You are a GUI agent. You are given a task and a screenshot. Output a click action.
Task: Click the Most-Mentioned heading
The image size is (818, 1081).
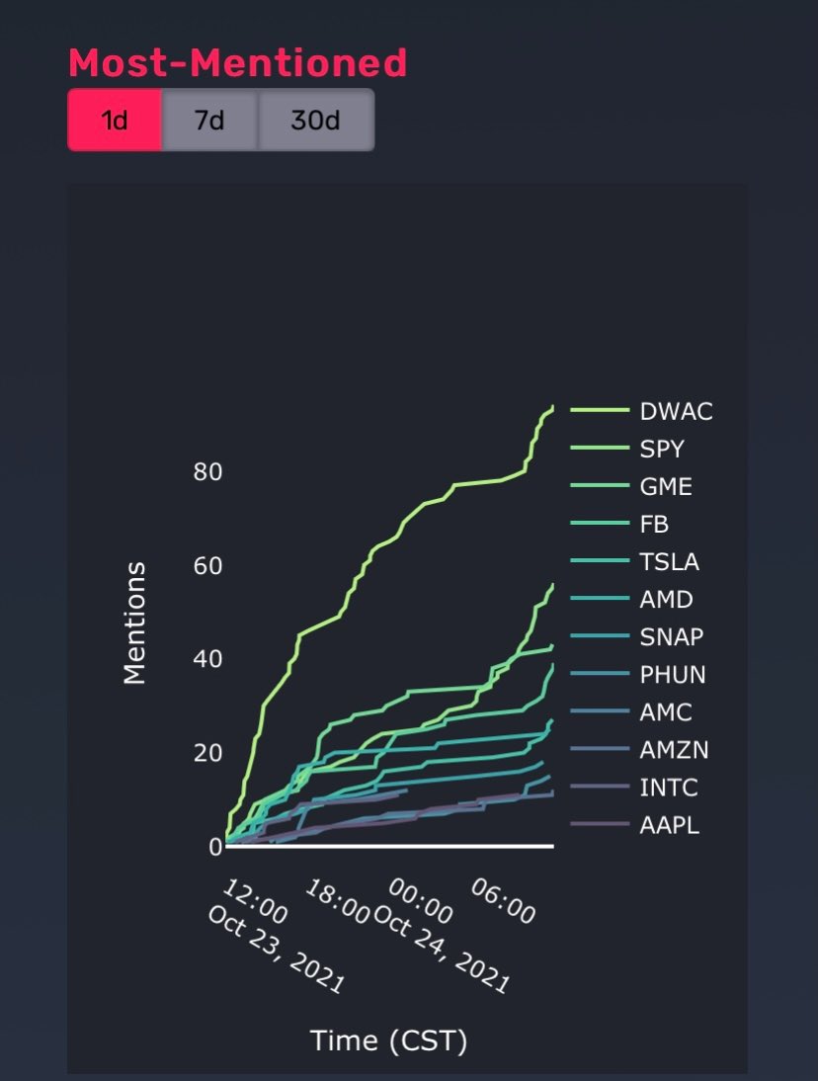point(237,63)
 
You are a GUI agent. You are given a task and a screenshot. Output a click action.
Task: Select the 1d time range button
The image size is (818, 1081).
point(115,121)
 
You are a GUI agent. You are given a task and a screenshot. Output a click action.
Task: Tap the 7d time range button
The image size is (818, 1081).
point(209,121)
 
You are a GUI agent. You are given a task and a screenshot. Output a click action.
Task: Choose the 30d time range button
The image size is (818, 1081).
point(315,121)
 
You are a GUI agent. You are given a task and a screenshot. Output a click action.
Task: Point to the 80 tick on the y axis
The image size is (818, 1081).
point(207,472)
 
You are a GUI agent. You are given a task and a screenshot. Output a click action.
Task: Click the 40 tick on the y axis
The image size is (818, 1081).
point(207,659)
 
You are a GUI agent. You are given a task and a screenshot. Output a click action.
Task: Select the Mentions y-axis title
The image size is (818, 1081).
point(134,623)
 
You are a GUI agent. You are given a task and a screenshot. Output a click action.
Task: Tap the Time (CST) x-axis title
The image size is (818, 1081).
point(388,1039)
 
